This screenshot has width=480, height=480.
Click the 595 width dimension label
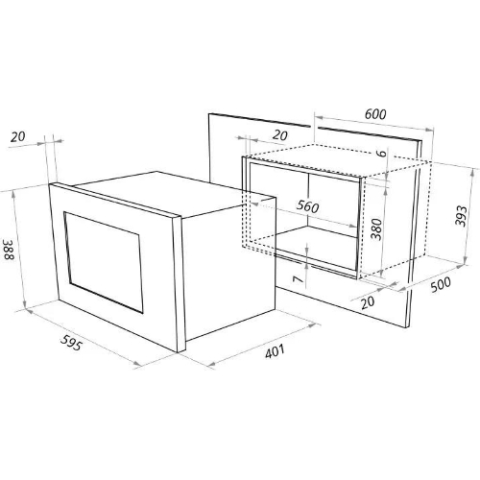coord(71,343)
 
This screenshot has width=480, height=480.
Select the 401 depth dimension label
coord(275,351)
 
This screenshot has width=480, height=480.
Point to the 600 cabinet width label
coord(375,114)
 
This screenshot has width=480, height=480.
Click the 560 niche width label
coord(307,206)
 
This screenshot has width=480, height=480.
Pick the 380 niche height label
coord(376,229)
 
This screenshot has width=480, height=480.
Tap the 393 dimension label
coord(461,216)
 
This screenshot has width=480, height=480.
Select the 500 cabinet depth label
coord(441,284)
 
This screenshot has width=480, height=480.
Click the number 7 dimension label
coord(299,279)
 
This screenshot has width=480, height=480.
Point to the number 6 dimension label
coord(381,154)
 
